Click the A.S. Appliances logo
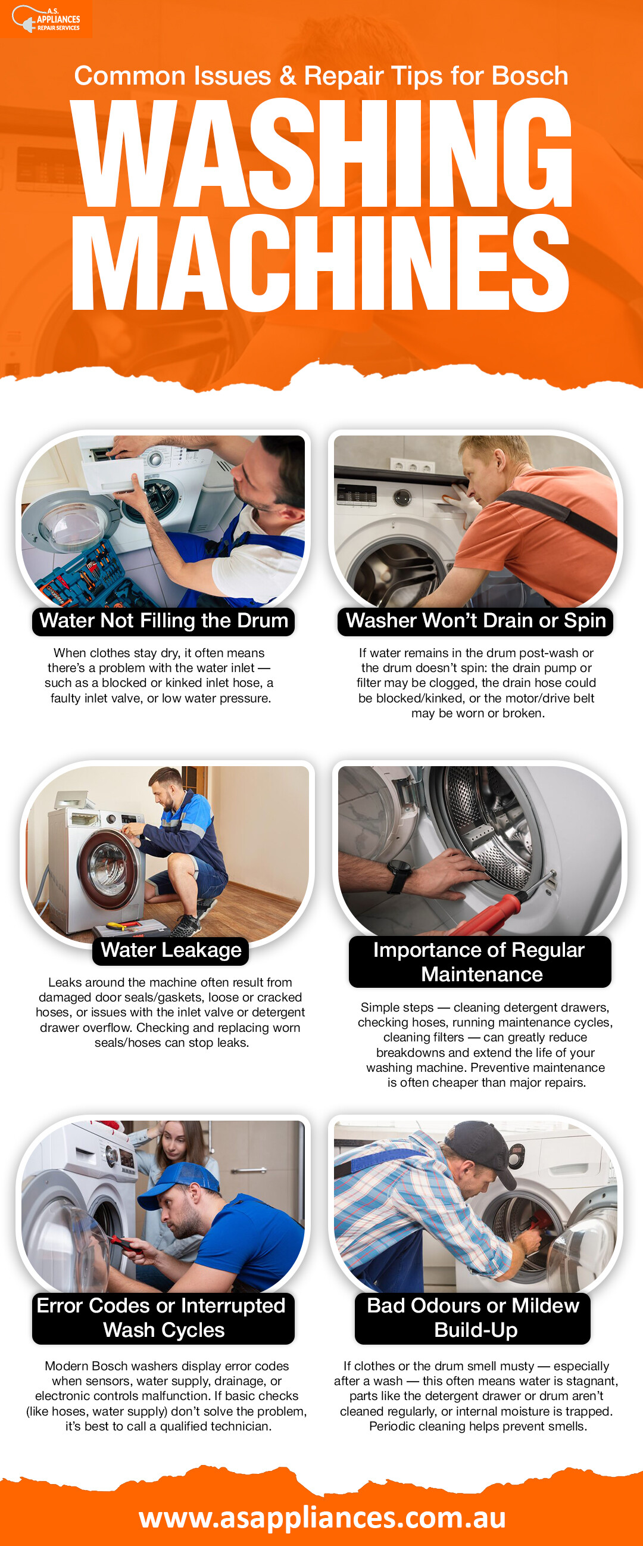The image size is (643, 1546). coord(46,18)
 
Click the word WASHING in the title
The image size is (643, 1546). coord(321,153)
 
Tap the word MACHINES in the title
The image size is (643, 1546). coord(321,263)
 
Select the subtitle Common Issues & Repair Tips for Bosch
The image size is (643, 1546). coord(321,76)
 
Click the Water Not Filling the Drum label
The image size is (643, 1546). coord(163,621)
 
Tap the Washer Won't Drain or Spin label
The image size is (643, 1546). coord(476,621)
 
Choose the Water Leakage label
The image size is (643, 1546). coord(171,950)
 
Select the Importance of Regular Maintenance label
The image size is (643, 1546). coord(480,962)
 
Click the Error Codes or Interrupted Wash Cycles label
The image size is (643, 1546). coord(163,1318)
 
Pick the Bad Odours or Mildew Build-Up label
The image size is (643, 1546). coord(473,1318)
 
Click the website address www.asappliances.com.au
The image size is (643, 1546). coord(322,1517)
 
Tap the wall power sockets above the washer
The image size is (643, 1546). coord(412,465)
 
